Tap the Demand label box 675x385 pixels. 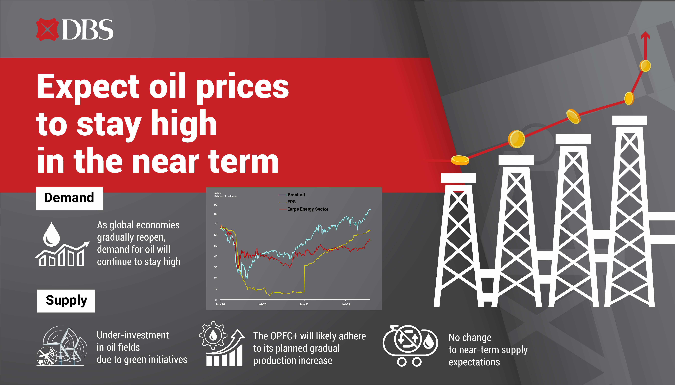tap(70, 198)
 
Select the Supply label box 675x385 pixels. tap(66, 301)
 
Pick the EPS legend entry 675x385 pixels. tap(288, 202)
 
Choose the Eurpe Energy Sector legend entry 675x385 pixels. tap(304, 209)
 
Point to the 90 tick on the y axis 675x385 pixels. tap(216, 205)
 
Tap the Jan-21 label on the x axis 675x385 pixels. tap(304, 304)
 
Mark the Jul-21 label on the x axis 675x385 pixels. tap(346, 304)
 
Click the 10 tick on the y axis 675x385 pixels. tap(216, 289)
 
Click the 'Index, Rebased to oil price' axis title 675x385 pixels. tap(226, 195)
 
